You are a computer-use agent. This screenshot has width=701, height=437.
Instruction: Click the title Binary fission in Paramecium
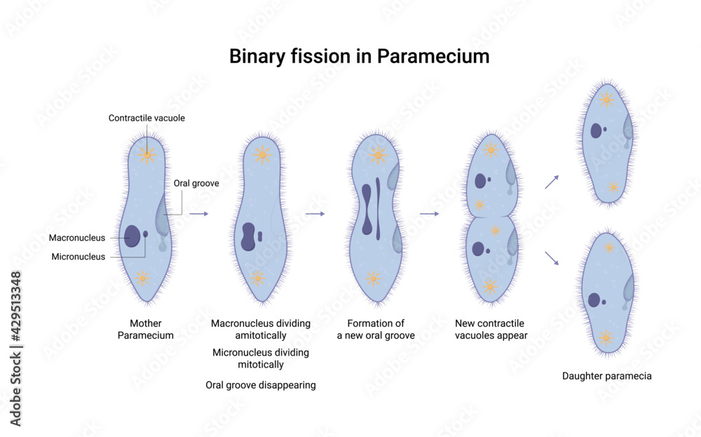[x=359, y=56]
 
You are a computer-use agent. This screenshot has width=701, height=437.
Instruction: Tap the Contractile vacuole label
[x=147, y=118]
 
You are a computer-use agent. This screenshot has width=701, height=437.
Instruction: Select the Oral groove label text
[x=196, y=184]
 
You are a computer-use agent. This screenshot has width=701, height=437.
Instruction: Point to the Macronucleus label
[x=77, y=238]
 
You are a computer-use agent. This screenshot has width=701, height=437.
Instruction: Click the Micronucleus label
[x=79, y=257]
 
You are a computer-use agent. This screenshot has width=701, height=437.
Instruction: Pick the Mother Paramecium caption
[x=146, y=329]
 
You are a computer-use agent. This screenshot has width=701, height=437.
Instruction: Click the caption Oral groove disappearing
[x=260, y=385]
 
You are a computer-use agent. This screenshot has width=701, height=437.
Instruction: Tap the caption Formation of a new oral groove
[x=376, y=329]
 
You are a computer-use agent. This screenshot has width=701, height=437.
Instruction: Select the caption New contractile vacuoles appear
[x=491, y=329]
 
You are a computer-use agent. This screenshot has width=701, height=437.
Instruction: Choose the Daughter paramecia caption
[x=607, y=376]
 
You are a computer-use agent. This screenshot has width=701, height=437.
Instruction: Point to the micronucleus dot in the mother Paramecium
[x=146, y=234]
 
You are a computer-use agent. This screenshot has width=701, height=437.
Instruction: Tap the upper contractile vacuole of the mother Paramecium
[x=147, y=154]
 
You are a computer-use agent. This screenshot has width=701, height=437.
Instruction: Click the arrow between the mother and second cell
[x=199, y=213]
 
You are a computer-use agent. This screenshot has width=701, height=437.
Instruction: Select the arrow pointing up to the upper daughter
[x=552, y=182]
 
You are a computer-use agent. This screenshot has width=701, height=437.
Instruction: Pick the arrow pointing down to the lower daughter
[x=552, y=257]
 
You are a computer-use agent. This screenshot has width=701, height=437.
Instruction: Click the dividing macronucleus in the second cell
[x=247, y=236]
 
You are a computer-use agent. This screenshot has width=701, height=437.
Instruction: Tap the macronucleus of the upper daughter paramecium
[x=597, y=130]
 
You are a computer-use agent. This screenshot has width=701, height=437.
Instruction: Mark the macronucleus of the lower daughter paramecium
[x=594, y=300]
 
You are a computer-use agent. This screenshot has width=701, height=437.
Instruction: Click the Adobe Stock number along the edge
[x=16, y=348]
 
